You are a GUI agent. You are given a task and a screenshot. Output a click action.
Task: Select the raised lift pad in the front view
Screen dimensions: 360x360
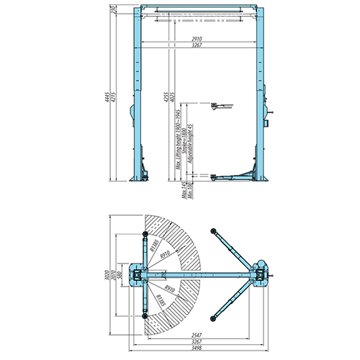(x=217, y=106)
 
